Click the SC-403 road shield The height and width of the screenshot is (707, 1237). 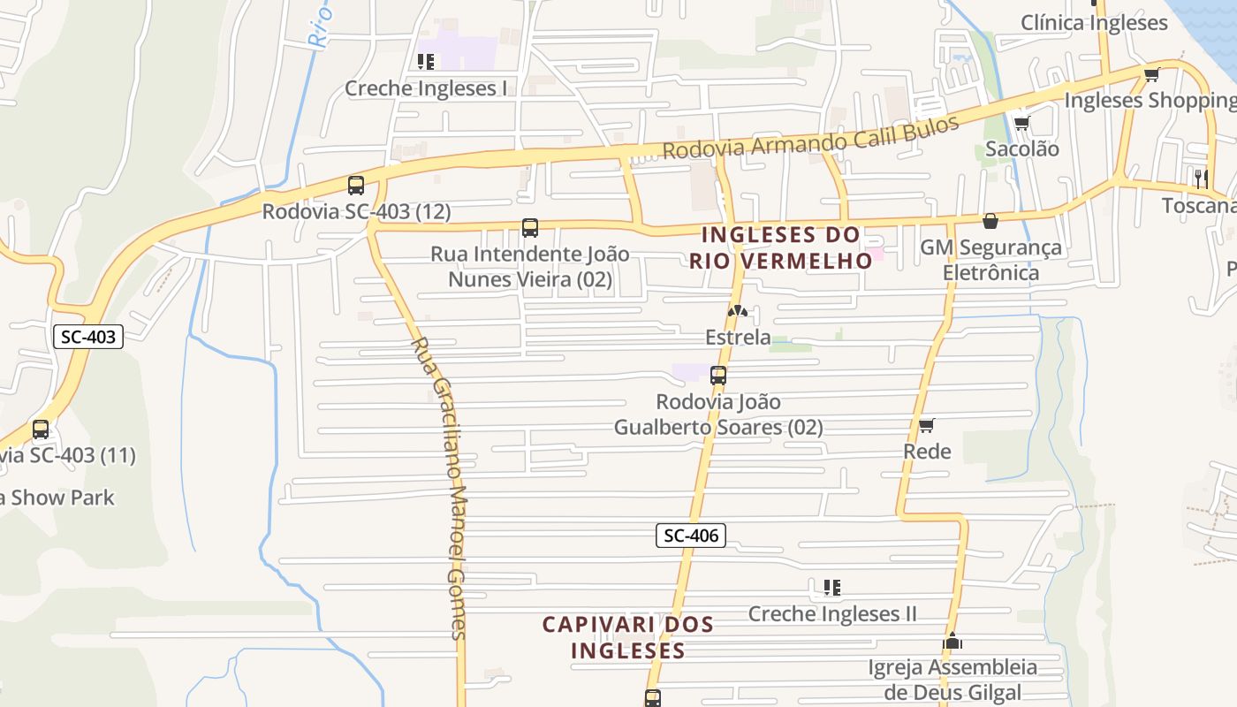coord(88,337)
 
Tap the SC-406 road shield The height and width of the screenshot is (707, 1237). coord(690,535)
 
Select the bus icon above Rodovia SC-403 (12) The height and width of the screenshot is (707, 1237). coord(356,186)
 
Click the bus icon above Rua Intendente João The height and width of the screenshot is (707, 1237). coord(530,228)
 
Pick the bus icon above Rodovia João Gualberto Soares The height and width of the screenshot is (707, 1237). coord(718,376)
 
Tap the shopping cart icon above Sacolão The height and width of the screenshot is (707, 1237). coord(1022,123)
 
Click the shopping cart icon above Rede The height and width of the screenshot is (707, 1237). coord(927,426)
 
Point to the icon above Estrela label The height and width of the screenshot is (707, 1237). coord(738,311)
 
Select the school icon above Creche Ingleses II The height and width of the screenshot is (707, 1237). coord(831,588)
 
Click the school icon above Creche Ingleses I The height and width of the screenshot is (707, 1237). coord(426,62)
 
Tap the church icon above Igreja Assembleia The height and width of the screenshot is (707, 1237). coord(952,641)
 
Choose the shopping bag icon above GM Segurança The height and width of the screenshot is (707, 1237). coord(990,221)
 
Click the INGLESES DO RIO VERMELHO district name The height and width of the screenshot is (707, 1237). coord(780,247)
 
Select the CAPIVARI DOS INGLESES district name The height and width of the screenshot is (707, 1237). coord(628,637)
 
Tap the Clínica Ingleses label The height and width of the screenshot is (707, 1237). coord(1094,23)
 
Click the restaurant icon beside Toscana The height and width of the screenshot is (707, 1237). coord(1201,178)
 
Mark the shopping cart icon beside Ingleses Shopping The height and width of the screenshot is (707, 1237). coord(1151,75)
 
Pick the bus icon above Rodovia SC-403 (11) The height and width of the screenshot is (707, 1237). coord(41,430)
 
